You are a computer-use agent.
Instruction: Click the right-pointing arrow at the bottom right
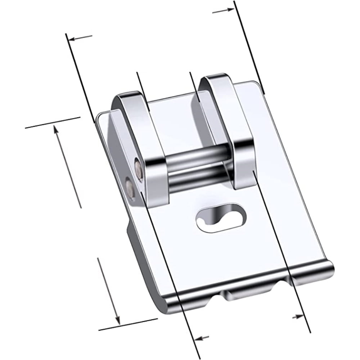(297, 316)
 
